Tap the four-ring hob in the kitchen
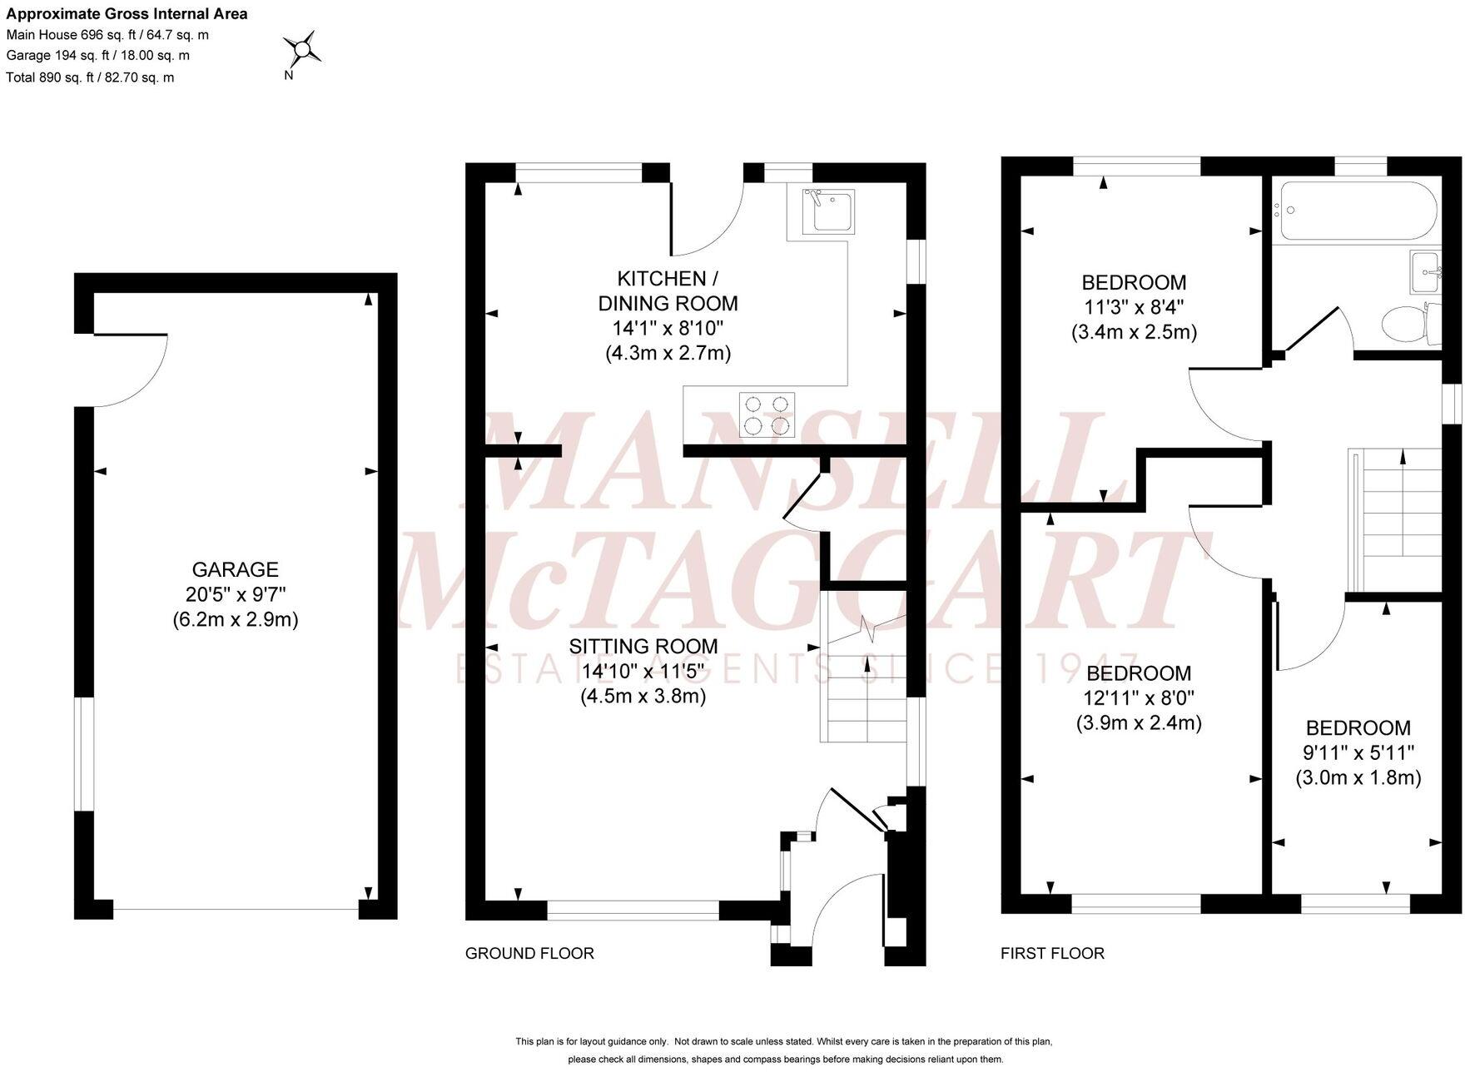(767, 414)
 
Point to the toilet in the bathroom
(1407, 323)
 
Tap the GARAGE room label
(236, 569)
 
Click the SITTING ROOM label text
(643, 646)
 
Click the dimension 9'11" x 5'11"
(1358, 752)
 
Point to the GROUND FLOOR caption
(529, 953)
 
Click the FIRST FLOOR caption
(1052, 953)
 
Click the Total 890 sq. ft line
(90, 77)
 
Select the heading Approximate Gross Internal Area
(127, 14)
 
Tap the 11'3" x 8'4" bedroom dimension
(1134, 307)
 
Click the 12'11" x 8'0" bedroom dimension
(1139, 697)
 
